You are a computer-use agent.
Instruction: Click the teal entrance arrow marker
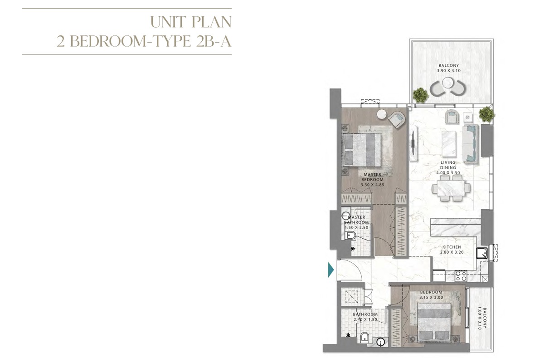pos(331,270)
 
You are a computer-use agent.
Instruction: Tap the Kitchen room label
pos(452,247)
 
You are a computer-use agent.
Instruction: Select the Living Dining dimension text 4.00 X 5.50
pos(448,173)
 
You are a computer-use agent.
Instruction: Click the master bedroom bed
pos(362,150)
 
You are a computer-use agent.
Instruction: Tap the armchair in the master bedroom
pos(397,119)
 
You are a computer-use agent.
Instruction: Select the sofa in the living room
pos(471,143)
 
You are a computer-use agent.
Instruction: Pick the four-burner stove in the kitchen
pos(461,276)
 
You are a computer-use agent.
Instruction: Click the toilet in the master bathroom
pos(350,235)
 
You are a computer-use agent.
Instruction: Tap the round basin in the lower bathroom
pos(380,342)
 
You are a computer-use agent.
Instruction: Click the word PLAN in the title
pos(211,22)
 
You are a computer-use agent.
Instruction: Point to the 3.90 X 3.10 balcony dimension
pos(449,71)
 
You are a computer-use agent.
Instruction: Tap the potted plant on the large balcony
pos(420,95)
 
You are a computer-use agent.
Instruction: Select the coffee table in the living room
pos(449,144)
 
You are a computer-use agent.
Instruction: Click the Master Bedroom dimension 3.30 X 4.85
pos(372,185)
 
